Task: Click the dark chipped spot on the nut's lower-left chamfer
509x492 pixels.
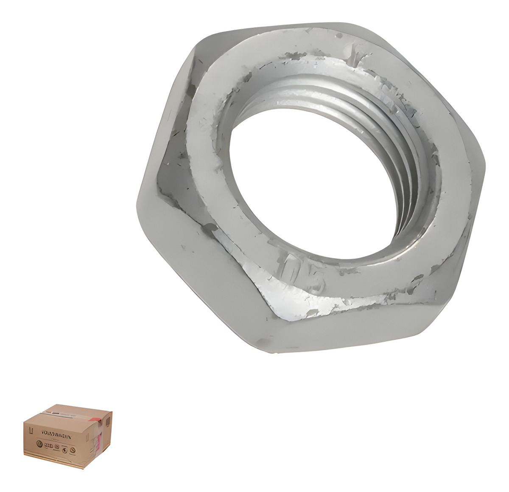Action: pyautogui.click(x=208, y=229)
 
